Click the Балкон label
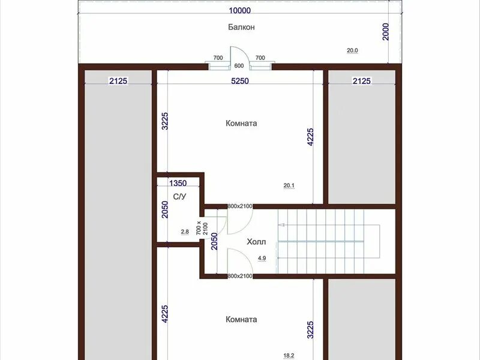point(241,27)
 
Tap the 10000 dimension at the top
point(239,11)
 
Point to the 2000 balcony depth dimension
point(386,32)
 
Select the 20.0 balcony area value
point(352,50)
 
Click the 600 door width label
point(239,66)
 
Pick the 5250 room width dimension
point(239,81)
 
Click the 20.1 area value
point(289,185)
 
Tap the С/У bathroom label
point(179,197)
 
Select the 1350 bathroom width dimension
point(178,183)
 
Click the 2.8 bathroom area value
point(185,232)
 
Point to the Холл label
point(256,242)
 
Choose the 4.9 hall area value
point(262,258)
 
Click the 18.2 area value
point(289,355)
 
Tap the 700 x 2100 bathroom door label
point(202,229)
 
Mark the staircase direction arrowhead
point(282,225)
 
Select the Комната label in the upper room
point(241,123)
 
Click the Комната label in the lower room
point(241,319)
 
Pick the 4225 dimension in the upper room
point(310,137)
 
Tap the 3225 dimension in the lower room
point(310,329)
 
